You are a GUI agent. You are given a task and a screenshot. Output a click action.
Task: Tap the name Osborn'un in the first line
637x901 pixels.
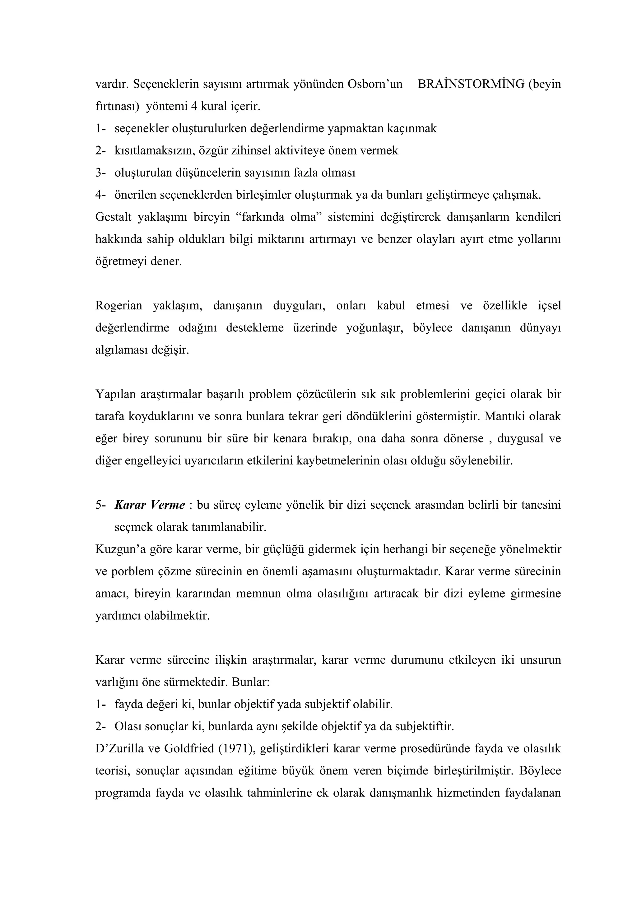375,84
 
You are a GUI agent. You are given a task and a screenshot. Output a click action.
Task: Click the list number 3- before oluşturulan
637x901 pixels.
100,173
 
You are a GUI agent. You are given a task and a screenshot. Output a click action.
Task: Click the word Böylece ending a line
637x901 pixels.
540,771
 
